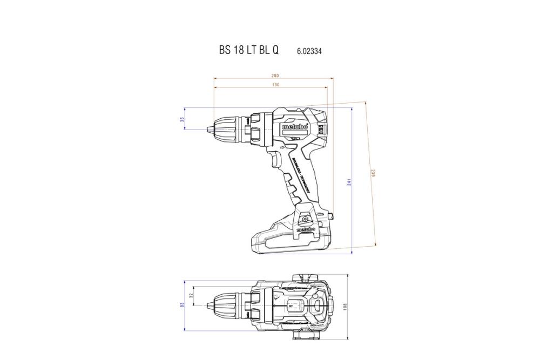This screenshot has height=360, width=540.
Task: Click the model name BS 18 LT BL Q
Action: (x=249, y=50)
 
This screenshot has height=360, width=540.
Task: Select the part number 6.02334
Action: (x=310, y=51)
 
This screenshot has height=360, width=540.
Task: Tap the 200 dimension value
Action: (x=274, y=76)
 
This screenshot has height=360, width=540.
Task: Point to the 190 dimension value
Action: (x=275, y=85)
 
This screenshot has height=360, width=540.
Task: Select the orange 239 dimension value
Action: (x=373, y=173)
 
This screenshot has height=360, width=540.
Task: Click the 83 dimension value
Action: (x=183, y=305)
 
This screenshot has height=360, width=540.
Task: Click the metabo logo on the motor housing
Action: (x=294, y=128)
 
